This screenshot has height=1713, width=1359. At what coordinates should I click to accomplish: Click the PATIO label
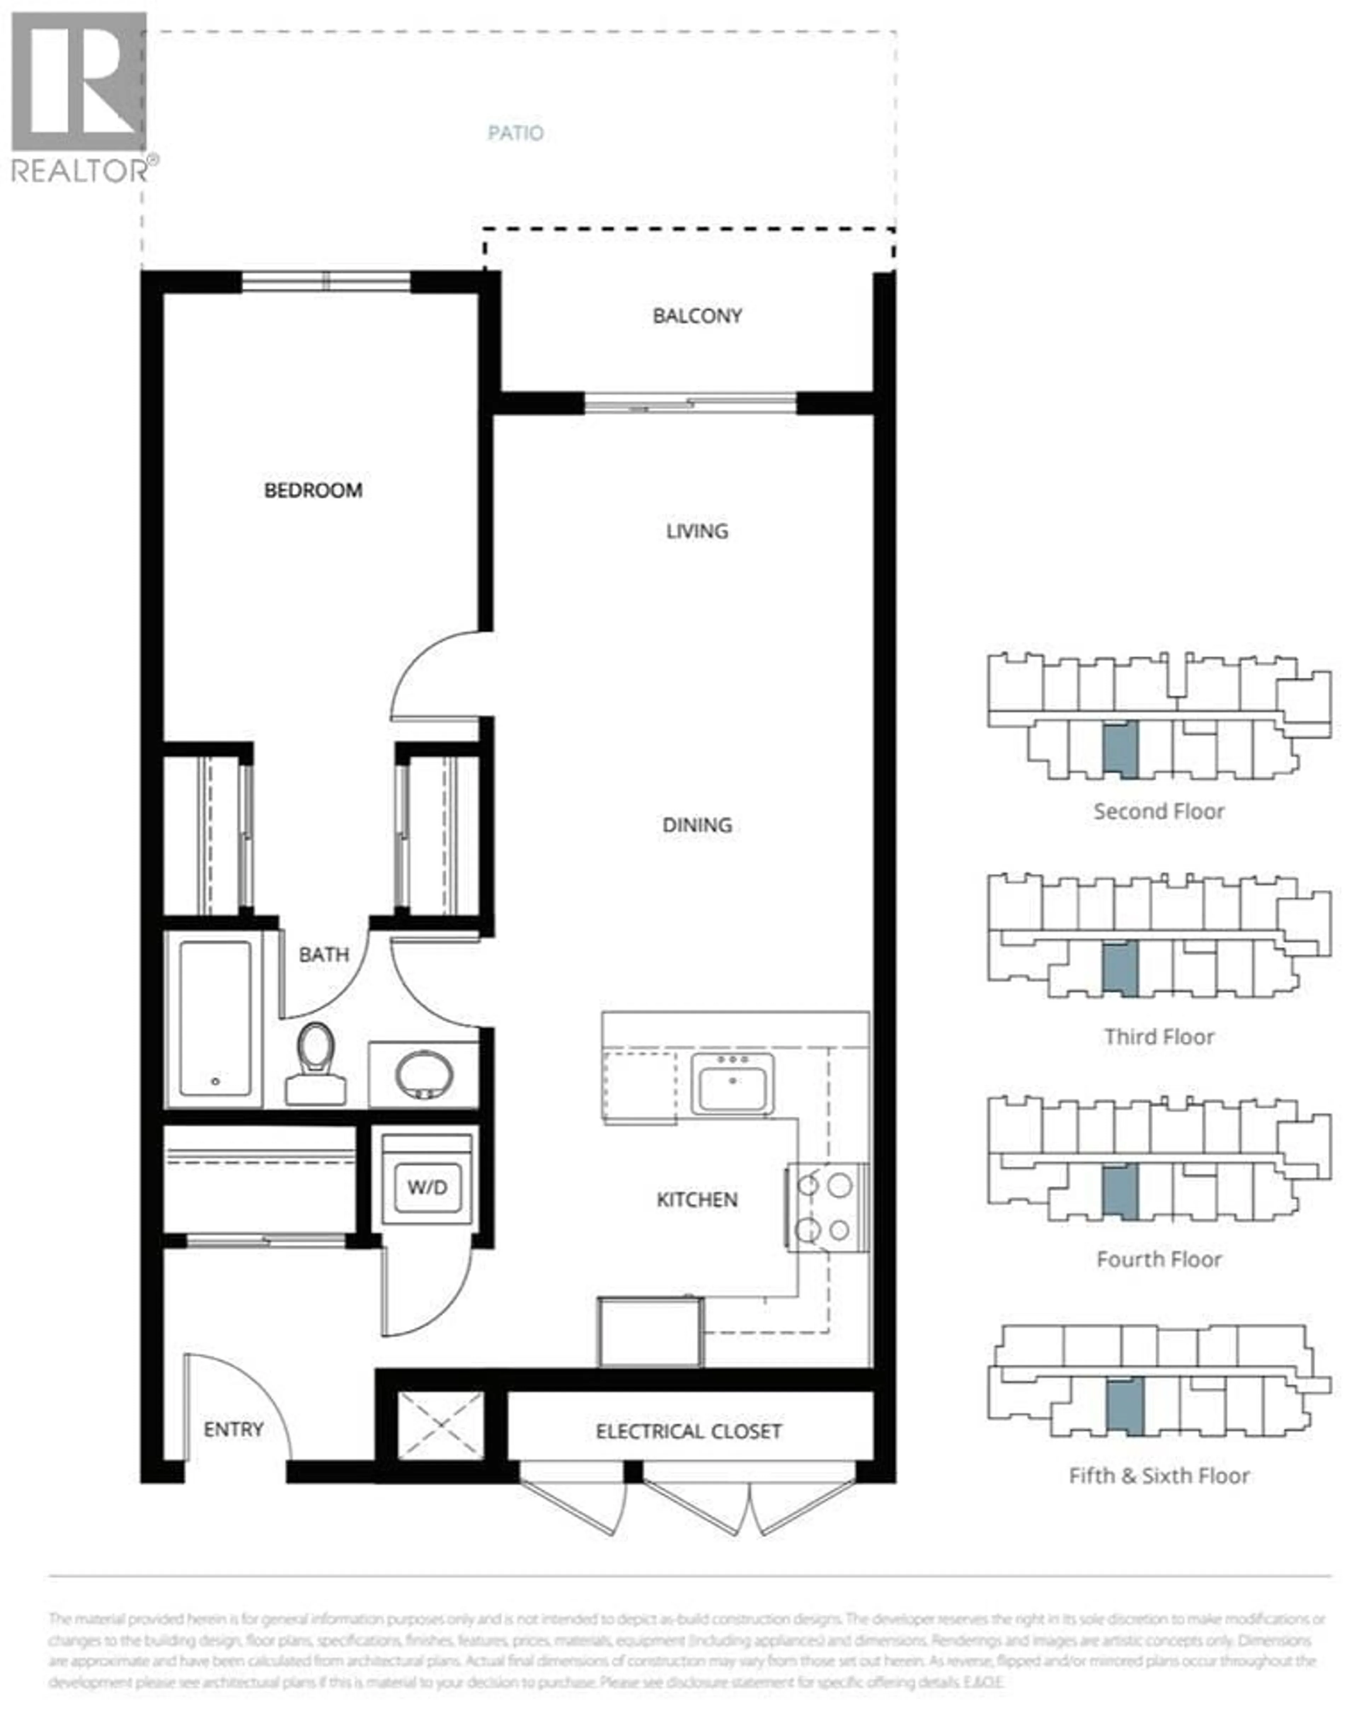click(516, 133)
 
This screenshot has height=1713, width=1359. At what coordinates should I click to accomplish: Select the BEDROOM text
click(313, 490)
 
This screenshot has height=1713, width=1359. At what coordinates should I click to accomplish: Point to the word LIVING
click(696, 531)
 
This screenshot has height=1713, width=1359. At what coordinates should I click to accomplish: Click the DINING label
click(696, 825)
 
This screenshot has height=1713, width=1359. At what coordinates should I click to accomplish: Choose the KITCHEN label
click(696, 1200)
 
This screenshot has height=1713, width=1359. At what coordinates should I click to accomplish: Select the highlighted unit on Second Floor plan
click(1120, 749)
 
